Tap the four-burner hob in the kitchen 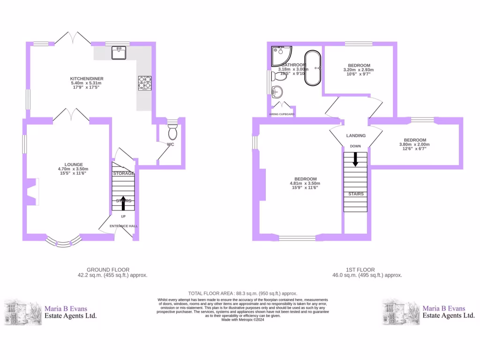point(144,83)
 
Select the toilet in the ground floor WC point(172,132)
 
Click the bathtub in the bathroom point(312,68)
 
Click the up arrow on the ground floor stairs point(123,202)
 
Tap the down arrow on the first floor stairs point(355,159)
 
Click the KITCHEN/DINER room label point(87,78)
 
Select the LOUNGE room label point(73,165)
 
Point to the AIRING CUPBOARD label point(282,114)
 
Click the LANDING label point(356,136)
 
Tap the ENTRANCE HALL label point(123,226)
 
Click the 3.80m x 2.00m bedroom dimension point(414,144)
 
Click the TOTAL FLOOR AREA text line point(242,293)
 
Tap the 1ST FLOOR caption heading point(360,270)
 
